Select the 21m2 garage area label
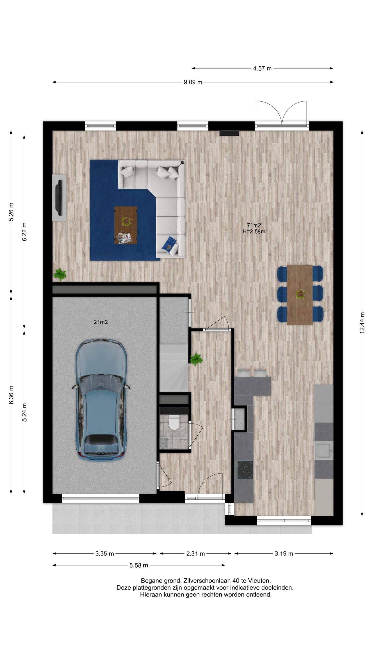click(101, 322)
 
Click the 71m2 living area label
click(254, 225)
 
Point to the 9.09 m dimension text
click(193, 82)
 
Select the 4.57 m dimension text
click(262, 68)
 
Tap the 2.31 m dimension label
click(196, 554)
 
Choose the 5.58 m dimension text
click(139, 565)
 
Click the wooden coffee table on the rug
click(126, 225)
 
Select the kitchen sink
click(324, 451)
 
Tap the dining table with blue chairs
click(300, 295)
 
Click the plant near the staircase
click(196, 359)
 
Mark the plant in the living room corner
click(60, 274)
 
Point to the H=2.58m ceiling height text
click(254, 232)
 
